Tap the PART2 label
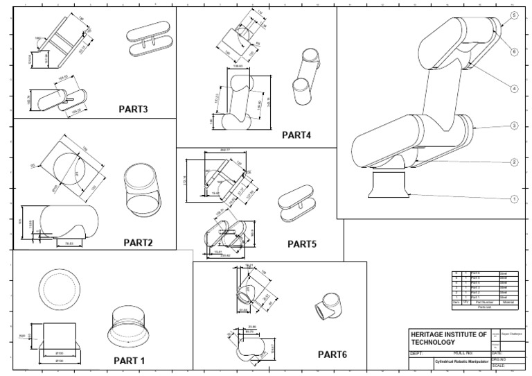[138, 243]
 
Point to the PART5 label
[301, 243]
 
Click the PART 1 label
[129, 361]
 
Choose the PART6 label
[332, 354]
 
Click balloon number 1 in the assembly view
[514, 199]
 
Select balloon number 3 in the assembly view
[514, 126]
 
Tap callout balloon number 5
[514, 15]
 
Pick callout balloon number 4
[514, 89]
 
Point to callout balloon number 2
[514, 162]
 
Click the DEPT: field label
[417, 352]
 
